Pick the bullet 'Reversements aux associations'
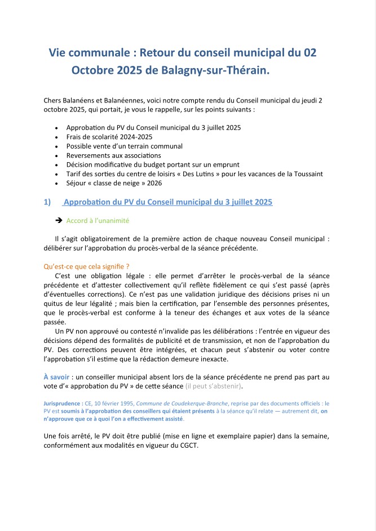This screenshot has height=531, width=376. [113, 155]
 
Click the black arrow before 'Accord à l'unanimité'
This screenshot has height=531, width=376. [58, 221]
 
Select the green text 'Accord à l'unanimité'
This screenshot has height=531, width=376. [98, 221]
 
